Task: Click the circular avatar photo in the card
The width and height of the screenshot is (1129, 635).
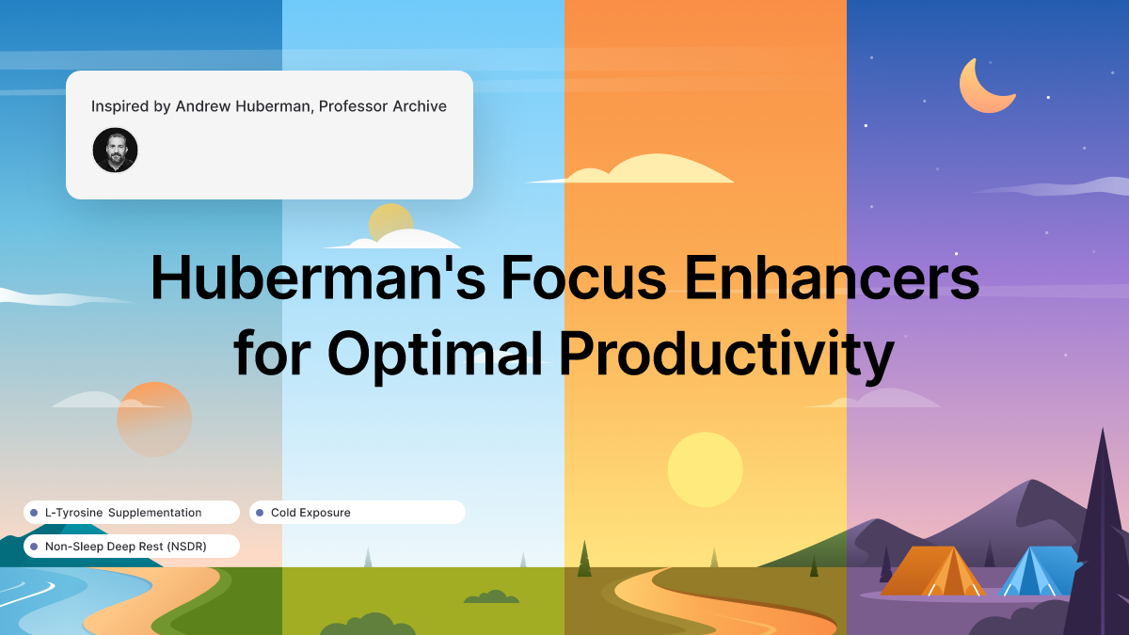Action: [x=115, y=150]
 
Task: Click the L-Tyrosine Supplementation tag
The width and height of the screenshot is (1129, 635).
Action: [x=131, y=513]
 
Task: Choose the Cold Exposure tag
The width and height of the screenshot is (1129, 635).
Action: [x=357, y=513]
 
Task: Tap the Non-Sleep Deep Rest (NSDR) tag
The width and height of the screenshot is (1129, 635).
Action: [x=131, y=546]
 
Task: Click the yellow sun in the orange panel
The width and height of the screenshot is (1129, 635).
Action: [x=705, y=469]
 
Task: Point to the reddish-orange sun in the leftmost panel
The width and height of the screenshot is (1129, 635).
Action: [x=154, y=419]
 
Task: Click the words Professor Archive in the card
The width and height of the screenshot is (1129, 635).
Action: [x=383, y=106]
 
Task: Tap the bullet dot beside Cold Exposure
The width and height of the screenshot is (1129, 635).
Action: [x=260, y=513]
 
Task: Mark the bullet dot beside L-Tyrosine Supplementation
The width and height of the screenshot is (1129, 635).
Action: [x=34, y=513]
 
